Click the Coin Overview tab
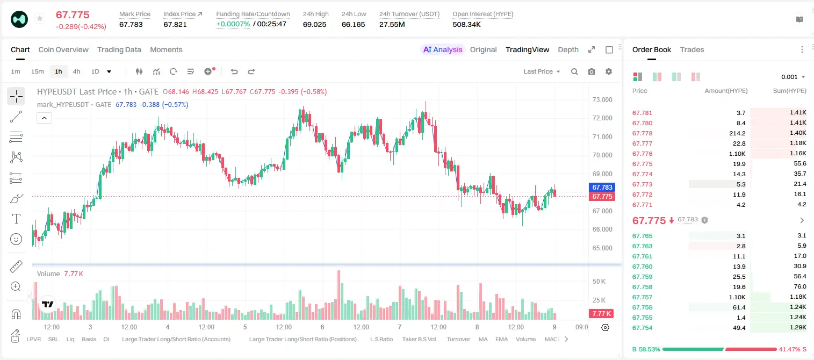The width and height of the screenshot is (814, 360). click(x=63, y=49)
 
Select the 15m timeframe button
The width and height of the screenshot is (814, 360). click(x=38, y=71)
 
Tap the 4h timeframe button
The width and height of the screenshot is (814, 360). click(x=76, y=71)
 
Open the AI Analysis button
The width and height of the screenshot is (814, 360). click(x=443, y=49)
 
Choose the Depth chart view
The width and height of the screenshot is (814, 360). click(x=568, y=49)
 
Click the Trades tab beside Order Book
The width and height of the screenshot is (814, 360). click(x=692, y=49)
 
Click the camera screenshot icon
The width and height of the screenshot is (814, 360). click(x=591, y=71)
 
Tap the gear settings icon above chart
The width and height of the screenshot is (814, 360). click(x=609, y=71)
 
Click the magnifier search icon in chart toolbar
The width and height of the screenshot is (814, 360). click(x=574, y=71)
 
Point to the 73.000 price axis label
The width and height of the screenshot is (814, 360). click(x=602, y=100)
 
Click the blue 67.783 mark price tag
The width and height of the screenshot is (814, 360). click(x=602, y=187)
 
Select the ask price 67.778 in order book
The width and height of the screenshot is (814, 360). click(x=642, y=133)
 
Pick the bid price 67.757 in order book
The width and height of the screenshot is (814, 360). click(x=642, y=297)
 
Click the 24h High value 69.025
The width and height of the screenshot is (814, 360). click(x=315, y=24)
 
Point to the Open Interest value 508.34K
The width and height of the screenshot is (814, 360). click(x=466, y=24)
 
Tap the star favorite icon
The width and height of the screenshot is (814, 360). click(x=40, y=18)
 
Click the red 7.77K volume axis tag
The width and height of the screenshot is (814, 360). click(x=601, y=313)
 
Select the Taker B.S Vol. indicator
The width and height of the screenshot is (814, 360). click(x=419, y=339)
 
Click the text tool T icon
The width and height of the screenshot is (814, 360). click(x=16, y=219)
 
